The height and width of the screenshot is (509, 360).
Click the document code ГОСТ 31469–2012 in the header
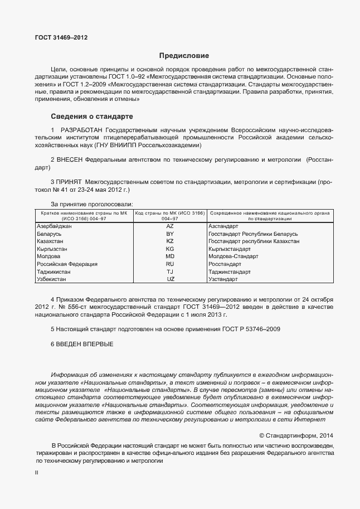point(61,38)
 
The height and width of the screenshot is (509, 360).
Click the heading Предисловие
point(184,56)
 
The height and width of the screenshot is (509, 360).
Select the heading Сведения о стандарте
point(92,117)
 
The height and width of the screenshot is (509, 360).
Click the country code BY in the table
point(170,234)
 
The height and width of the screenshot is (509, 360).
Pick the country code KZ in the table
point(170,241)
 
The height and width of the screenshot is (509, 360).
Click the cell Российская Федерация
point(67,264)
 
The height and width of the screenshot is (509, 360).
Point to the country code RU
point(170,264)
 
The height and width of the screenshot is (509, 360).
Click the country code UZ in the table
point(170,278)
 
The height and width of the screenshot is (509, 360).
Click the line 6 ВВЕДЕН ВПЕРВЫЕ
point(81,344)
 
